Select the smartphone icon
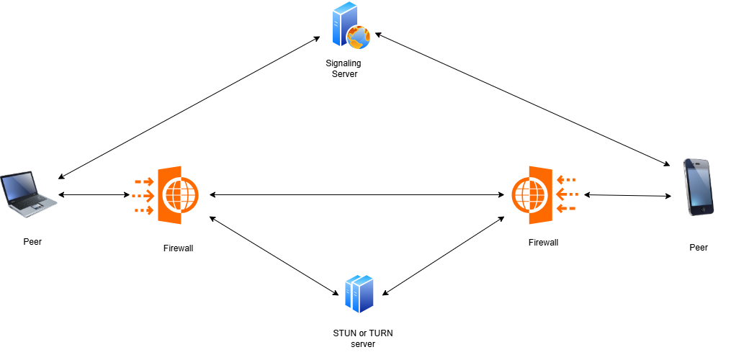point(697,186)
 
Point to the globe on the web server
point(359,37)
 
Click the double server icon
point(359,293)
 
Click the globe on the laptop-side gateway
point(181,194)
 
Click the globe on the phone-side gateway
point(529,194)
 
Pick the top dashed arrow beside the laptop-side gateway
point(144,181)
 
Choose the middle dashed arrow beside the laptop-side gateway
point(143,195)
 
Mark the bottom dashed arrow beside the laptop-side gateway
point(144,210)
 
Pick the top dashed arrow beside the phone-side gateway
point(566,179)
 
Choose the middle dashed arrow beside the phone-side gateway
point(568,194)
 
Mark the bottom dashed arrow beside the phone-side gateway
point(566,208)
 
